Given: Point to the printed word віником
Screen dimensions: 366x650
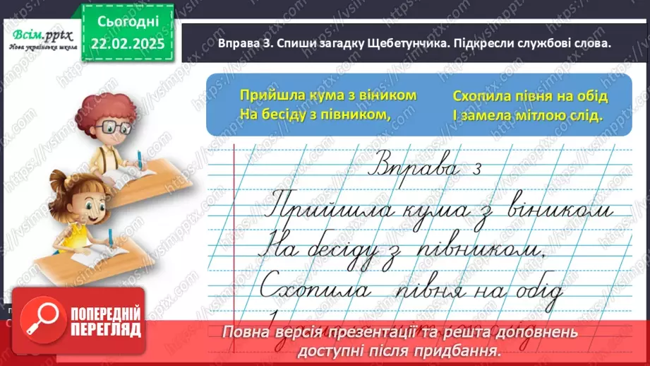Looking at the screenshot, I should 384,95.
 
